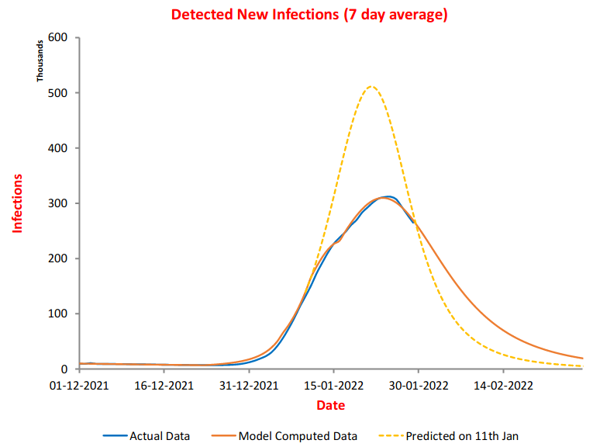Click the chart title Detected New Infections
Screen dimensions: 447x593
309,15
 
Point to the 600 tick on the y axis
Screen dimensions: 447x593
59,37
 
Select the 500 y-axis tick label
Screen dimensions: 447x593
59,93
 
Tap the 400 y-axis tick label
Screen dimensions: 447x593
59,148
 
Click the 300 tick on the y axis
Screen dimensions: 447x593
59,203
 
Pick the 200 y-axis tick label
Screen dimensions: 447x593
59,258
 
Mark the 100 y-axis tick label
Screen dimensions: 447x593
59,314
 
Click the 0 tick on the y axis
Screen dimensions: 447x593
65,369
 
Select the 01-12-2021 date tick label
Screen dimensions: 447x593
79,385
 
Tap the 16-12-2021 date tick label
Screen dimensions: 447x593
164,385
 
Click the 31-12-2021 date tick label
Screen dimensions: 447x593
248,385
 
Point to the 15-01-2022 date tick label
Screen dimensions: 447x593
333,385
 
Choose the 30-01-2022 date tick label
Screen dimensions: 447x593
418,385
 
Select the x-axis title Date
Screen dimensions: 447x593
330,406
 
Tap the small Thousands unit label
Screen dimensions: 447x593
40,61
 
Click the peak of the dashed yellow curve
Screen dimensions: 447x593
371,86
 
